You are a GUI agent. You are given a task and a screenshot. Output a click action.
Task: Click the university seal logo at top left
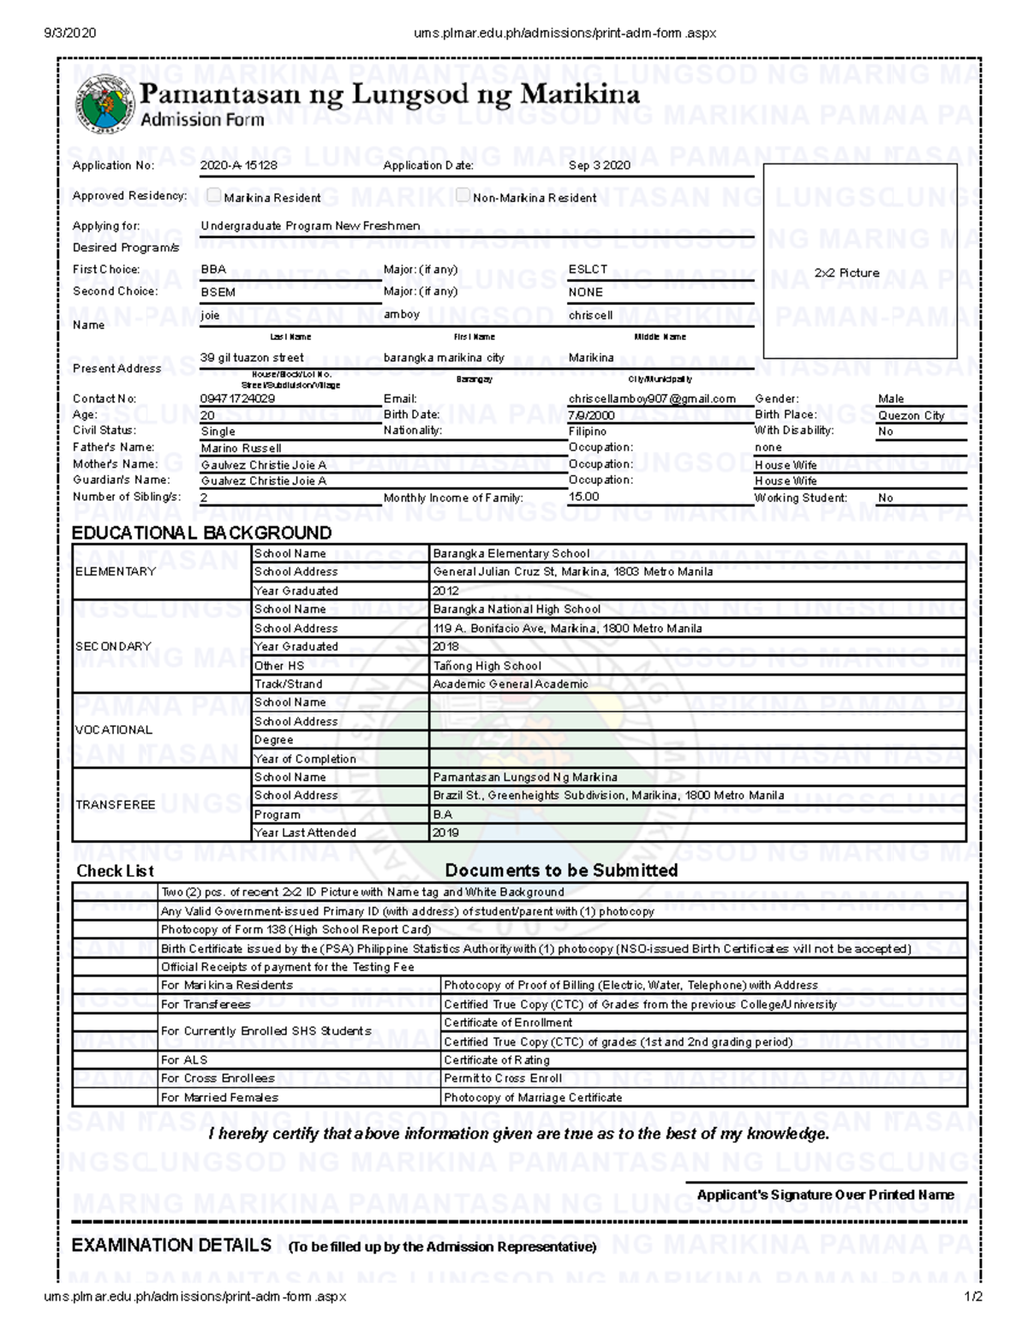[105, 104]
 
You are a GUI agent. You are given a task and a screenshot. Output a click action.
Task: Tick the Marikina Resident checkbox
[214, 196]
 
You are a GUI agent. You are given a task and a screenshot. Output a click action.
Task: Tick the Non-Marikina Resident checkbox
[463, 196]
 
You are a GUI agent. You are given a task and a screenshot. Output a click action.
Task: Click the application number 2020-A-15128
[238, 165]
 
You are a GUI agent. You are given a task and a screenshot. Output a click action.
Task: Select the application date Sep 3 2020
[599, 165]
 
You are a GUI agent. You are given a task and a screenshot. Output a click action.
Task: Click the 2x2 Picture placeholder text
[846, 273]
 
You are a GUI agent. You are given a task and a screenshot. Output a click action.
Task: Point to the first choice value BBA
[213, 269]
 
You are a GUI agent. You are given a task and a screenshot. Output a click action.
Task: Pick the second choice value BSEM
[218, 291]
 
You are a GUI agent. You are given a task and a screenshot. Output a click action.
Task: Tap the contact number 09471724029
[237, 398]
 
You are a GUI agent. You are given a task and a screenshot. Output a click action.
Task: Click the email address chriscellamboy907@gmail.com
[651, 398]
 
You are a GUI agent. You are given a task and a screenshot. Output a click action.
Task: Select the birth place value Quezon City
[911, 415]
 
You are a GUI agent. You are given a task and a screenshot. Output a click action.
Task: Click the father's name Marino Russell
[241, 448]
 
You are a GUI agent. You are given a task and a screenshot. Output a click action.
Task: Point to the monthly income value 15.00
[583, 497]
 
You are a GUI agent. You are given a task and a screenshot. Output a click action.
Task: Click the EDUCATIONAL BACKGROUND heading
[201, 533]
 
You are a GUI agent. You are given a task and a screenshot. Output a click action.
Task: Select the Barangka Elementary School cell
[511, 553]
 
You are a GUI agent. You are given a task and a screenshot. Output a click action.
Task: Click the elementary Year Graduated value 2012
[445, 591]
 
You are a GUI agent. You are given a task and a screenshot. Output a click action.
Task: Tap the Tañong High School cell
[487, 665]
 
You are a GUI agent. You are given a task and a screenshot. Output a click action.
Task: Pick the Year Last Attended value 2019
[445, 832]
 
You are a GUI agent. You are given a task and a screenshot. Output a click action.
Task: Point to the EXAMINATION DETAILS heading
[171, 1245]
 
